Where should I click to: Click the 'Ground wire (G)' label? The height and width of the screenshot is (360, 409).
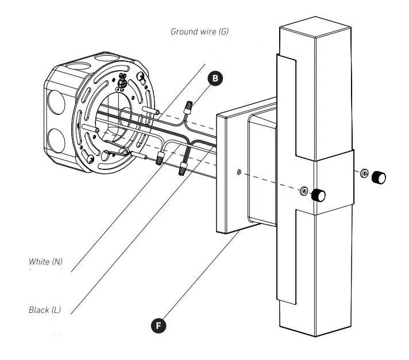point(199,31)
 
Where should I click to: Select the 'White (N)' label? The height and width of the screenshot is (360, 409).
point(45,262)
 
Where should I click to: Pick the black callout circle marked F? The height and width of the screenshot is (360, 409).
point(160,326)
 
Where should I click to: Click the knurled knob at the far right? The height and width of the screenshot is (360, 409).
point(379,177)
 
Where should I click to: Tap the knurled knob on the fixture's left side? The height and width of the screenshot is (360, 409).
point(318,196)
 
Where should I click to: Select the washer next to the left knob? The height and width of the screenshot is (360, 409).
point(303,191)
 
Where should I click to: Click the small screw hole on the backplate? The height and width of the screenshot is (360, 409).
point(238,171)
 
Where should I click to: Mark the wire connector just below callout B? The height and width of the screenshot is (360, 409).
point(188,107)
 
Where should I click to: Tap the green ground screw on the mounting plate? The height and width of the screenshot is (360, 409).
point(121,85)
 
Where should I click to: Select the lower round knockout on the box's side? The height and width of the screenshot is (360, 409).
point(56,140)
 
